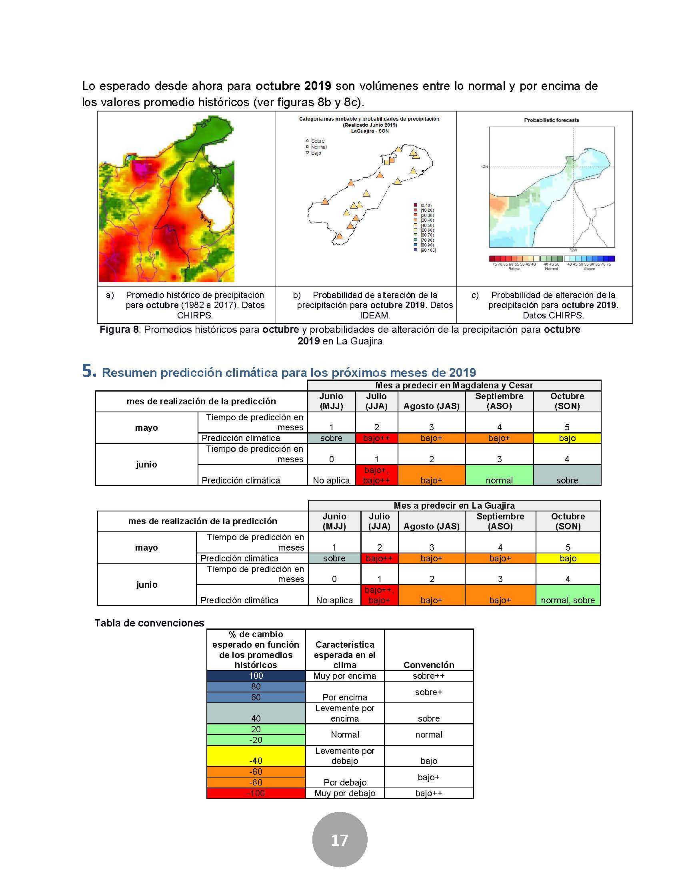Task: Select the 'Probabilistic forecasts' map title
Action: [551, 120]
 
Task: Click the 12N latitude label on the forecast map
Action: [484, 166]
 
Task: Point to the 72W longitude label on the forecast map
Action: [572, 250]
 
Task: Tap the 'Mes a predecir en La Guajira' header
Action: [454, 505]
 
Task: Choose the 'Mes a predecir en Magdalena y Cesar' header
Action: [454, 385]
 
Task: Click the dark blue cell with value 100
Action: [256, 676]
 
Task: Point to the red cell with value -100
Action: [256, 793]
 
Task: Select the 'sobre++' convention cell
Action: [429, 676]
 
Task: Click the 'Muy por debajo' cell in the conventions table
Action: [345, 793]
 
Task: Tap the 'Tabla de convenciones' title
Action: [150, 623]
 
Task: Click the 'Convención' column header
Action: [429, 665]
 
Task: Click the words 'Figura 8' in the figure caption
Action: [119, 330]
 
